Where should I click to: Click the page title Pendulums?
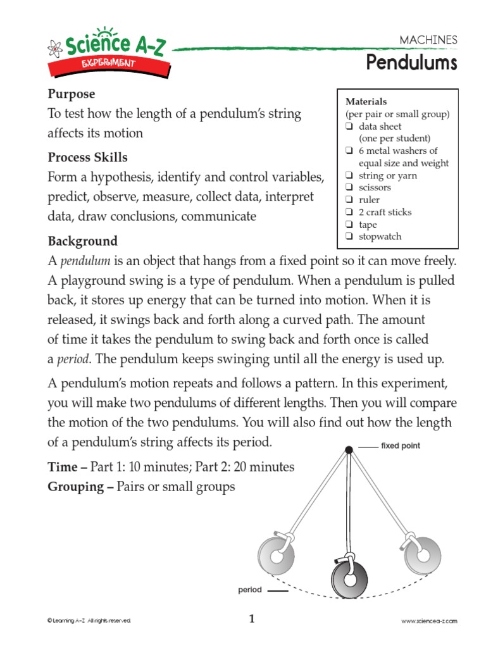point(411,63)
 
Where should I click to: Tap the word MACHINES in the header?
point(428,40)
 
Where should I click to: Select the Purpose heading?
point(72,94)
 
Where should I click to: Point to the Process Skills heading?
point(87,157)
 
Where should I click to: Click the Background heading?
point(82,241)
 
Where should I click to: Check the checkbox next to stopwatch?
point(349,237)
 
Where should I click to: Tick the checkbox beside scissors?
point(349,188)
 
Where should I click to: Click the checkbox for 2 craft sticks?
point(349,213)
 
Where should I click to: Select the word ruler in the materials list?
point(370,200)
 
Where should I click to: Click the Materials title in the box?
point(366,102)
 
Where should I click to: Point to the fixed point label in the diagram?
point(400,446)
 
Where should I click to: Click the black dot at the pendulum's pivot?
point(348,449)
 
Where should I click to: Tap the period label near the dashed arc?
point(249,590)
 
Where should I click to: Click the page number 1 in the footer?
point(251,620)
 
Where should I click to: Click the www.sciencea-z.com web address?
point(429,621)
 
